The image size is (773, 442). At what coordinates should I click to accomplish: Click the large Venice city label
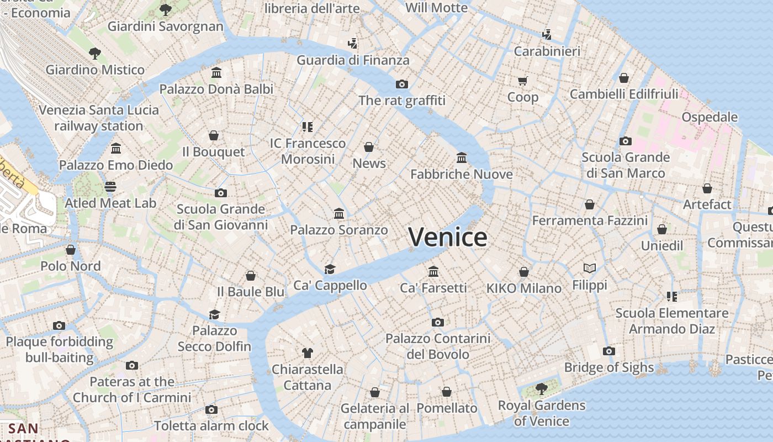448,237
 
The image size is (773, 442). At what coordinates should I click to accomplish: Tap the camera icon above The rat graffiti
402,84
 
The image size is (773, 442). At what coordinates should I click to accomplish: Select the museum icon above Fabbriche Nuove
462,158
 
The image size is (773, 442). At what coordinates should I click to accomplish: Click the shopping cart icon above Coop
522,81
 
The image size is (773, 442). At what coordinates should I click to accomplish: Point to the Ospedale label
710,117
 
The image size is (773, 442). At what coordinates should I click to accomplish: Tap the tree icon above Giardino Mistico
95,53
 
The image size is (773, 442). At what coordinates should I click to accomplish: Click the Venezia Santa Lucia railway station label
99,118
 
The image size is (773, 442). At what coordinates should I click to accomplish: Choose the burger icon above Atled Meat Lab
110,186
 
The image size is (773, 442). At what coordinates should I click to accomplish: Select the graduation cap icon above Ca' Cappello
330,269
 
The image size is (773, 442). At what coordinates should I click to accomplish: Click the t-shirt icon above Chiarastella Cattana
308,352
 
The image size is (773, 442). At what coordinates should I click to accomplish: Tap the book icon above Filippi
590,269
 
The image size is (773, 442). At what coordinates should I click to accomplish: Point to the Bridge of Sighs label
608,367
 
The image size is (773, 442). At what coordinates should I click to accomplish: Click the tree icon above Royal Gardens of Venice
541,389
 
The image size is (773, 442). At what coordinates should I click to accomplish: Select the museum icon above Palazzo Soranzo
339,213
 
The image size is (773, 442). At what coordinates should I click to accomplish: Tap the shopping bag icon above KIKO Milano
523,272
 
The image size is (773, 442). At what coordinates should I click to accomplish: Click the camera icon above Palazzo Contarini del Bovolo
437,322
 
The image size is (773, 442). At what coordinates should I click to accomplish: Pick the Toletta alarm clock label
211,426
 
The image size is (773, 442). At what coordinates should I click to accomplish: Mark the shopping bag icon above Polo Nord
71,250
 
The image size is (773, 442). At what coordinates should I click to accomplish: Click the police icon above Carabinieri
547,35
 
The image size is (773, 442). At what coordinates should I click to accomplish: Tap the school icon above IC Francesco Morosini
308,127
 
